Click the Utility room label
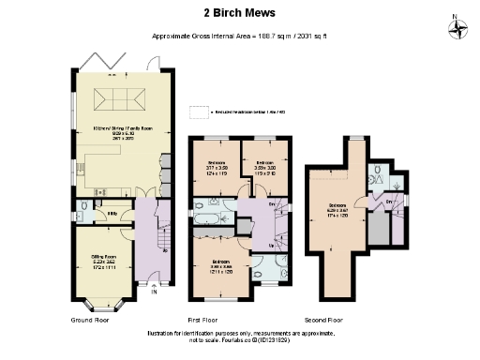pyautogui.click(x=112, y=212)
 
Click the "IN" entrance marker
pyautogui.click(x=154, y=292)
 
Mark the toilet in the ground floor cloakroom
pyautogui.click(x=83, y=208)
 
